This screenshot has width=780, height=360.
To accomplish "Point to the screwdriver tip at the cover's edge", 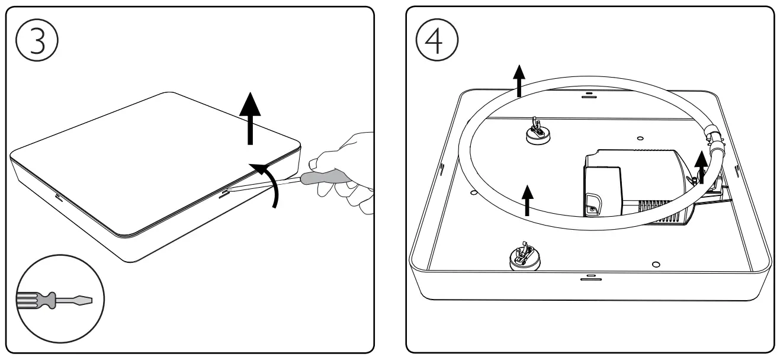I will [x=227, y=191].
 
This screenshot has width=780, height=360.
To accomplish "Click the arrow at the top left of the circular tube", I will [x=519, y=81].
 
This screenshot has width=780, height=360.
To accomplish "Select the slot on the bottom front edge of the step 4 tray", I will [x=590, y=277].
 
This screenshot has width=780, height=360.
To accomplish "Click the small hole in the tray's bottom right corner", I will [x=654, y=263].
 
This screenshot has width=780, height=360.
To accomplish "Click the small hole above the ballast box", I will [x=640, y=138].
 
